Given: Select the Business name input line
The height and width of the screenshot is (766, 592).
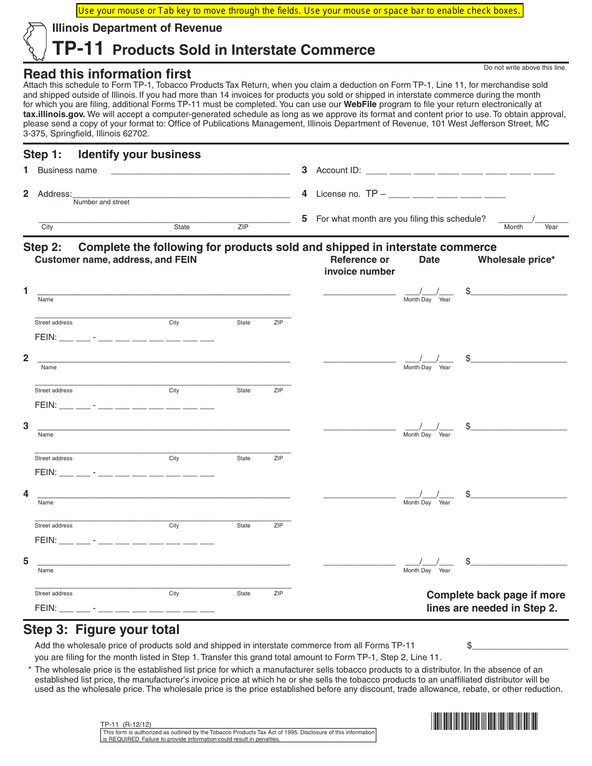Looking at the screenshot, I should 199,171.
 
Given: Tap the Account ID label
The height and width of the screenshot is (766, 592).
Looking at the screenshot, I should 338,170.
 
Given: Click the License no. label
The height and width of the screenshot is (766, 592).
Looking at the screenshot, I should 338,194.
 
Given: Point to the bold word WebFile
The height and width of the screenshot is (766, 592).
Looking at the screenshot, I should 360,105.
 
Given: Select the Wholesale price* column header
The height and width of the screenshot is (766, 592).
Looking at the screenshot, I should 516,260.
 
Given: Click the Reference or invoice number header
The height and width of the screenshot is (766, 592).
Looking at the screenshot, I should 360,265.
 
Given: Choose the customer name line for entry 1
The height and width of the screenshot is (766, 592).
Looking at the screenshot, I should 163,290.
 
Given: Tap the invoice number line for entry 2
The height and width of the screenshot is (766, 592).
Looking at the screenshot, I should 359,358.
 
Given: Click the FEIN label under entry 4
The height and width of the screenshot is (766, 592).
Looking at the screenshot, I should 45,540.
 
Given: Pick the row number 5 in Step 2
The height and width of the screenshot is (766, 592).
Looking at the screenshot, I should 26,561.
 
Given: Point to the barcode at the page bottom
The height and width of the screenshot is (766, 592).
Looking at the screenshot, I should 484,721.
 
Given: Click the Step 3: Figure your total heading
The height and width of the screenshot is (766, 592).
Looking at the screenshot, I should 101,630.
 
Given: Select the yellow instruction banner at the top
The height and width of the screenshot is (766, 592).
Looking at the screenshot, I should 298,11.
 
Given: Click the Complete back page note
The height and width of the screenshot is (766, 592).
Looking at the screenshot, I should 495,602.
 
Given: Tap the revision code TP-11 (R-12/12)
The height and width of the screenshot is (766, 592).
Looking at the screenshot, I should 125,724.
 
